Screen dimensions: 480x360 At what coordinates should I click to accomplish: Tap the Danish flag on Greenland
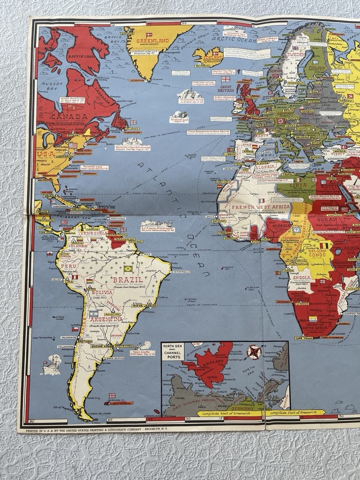click(149, 35)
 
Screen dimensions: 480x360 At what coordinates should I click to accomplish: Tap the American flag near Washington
click(73, 145)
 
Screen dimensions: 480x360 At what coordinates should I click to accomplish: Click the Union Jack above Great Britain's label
click(226, 79)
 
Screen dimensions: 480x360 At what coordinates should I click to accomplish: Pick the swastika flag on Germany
click(281, 121)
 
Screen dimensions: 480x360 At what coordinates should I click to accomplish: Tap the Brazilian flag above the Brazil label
click(128, 269)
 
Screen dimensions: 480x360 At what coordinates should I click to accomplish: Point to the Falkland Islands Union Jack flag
click(112, 396)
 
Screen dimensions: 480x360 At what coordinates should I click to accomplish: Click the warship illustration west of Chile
click(51, 366)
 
